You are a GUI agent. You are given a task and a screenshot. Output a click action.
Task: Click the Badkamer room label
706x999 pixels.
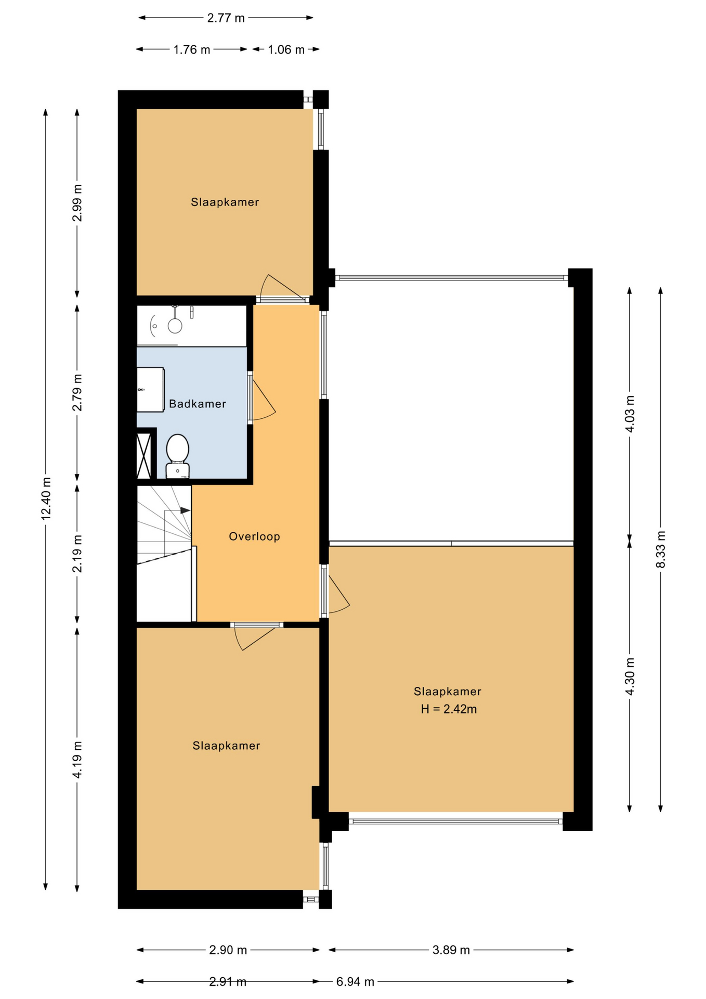click(x=198, y=404)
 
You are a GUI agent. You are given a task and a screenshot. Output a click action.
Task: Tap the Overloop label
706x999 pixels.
click(x=255, y=536)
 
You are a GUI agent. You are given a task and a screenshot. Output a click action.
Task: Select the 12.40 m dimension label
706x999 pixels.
click(x=46, y=498)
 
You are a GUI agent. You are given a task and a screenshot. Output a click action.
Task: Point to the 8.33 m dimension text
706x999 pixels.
click(x=661, y=549)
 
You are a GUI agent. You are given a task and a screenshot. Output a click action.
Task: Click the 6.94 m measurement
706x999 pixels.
click(x=355, y=982)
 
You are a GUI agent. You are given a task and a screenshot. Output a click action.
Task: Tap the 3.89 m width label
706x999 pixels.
click(x=451, y=950)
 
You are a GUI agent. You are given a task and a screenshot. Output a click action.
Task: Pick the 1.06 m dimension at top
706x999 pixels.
click(x=286, y=50)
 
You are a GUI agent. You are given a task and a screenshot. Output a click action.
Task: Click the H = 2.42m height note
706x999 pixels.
click(x=449, y=709)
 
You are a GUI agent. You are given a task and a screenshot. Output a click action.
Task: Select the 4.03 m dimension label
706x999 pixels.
click(x=630, y=414)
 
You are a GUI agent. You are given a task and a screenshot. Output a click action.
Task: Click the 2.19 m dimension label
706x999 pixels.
click(x=77, y=554)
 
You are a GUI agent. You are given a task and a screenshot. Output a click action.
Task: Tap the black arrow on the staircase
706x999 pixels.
click(x=185, y=511)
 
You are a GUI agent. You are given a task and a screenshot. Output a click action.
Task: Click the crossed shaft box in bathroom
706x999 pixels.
click(x=144, y=456)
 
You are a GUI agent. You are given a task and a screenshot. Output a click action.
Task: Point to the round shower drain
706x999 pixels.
click(x=175, y=326)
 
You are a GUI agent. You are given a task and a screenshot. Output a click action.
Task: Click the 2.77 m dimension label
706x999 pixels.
click(x=226, y=18)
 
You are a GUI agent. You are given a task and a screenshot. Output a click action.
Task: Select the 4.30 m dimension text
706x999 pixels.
click(x=630, y=676)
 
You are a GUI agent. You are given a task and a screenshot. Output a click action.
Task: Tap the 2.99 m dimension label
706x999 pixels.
click(x=77, y=203)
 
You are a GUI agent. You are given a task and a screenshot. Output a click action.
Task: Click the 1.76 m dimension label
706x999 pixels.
click(x=192, y=50)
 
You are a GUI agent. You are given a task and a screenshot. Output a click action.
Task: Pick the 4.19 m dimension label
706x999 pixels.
click(x=77, y=760)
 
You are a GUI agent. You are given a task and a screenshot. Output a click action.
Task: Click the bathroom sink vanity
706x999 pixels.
click(x=150, y=390)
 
